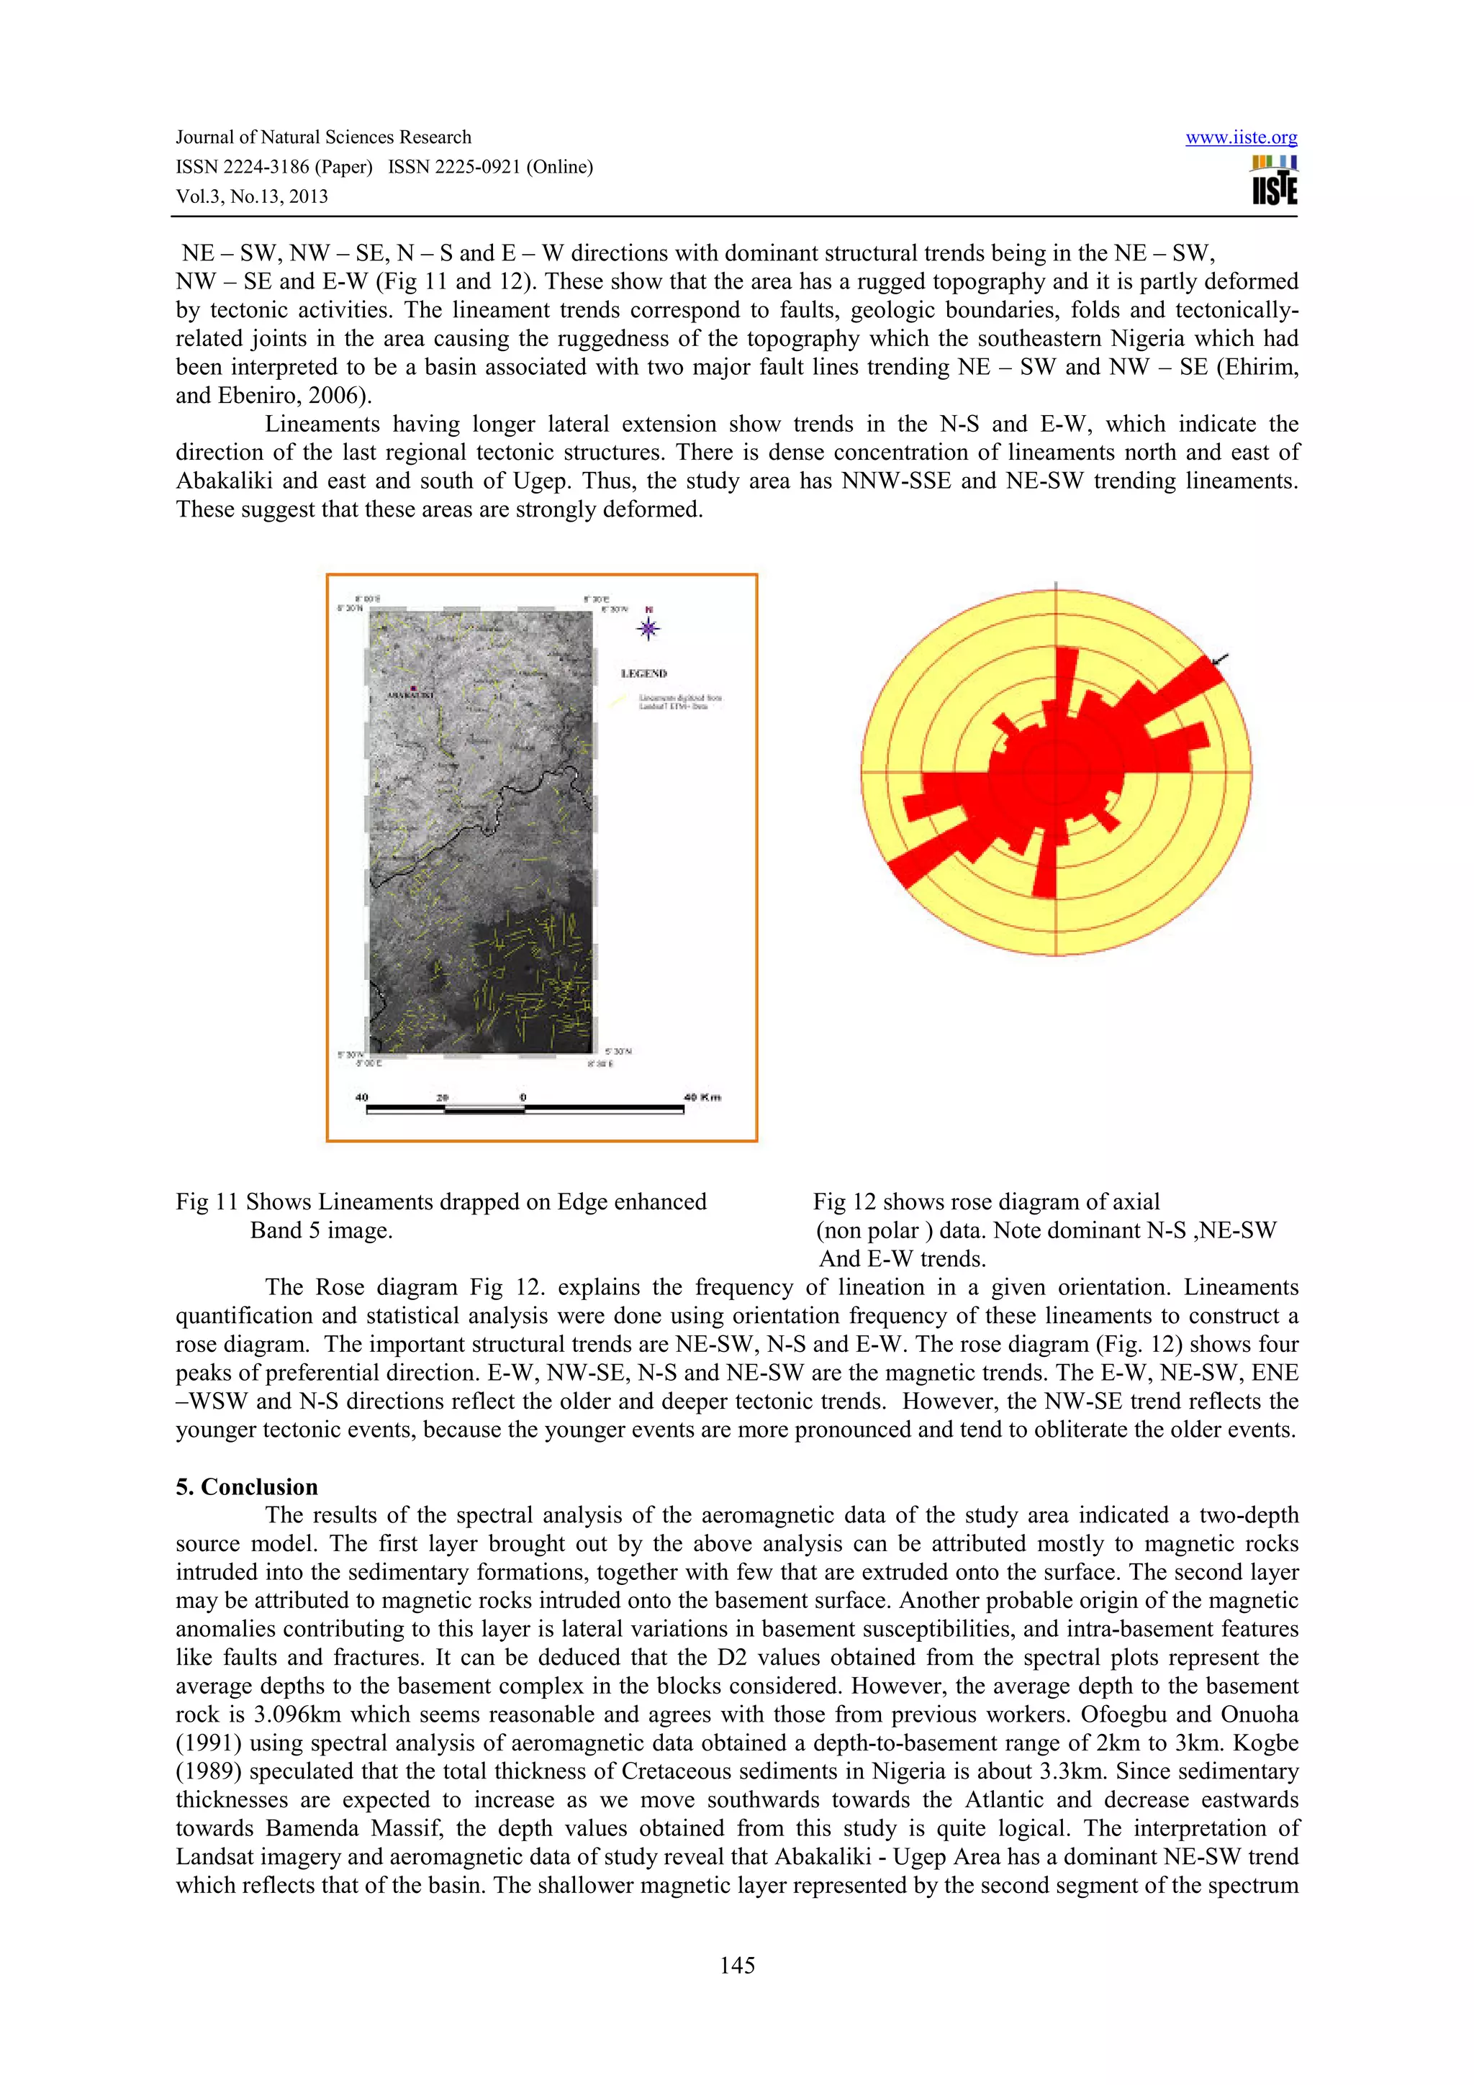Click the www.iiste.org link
coord(1241,138)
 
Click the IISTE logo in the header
coord(1273,181)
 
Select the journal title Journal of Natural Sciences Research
coord(323,137)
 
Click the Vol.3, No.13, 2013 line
coord(252,196)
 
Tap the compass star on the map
coord(648,627)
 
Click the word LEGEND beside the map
coord(644,674)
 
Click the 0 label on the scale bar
coord(523,1097)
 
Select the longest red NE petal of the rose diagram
coord(1180,695)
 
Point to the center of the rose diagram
coord(1055,772)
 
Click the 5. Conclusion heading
coord(247,1486)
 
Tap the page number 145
coord(736,1965)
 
